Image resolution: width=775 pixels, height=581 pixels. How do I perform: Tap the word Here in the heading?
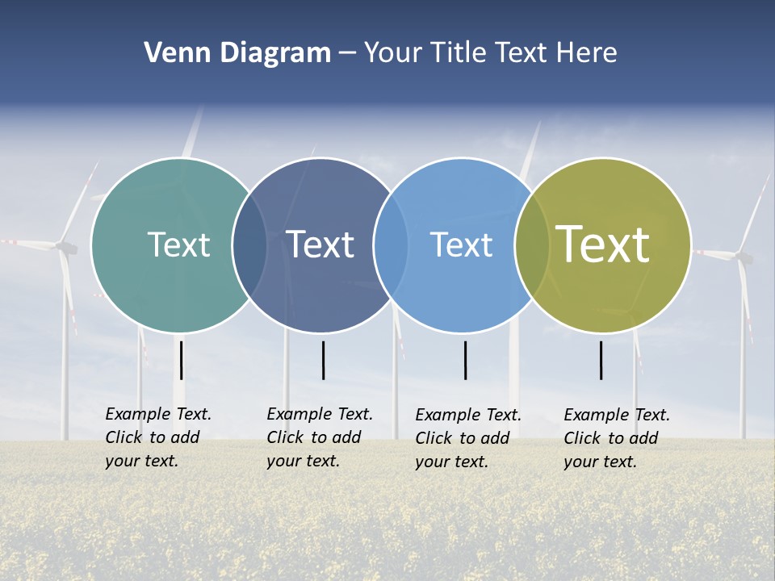[587, 53]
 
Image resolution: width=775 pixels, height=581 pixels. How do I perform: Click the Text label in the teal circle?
[178, 245]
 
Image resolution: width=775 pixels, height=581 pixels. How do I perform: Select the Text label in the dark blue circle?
[320, 245]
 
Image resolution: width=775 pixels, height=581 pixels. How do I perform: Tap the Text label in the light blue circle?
[461, 245]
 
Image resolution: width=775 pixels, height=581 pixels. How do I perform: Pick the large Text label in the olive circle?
[603, 245]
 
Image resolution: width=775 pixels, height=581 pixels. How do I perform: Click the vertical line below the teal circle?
[182, 360]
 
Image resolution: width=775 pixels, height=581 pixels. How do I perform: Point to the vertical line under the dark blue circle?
[323, 360]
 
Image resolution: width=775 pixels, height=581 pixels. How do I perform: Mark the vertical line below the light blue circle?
[465, 360]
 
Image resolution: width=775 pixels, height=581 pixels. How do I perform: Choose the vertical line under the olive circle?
[601, 360]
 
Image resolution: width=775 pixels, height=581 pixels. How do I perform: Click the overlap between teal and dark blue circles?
[249, 245]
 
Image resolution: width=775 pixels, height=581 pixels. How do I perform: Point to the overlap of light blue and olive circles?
[532, 245]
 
